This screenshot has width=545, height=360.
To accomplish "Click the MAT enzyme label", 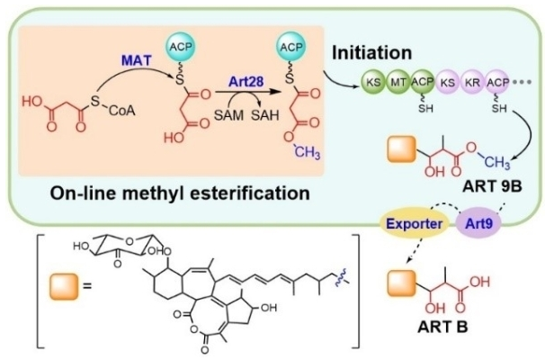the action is [137, 60].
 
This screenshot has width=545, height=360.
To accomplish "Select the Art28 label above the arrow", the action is [246, 82].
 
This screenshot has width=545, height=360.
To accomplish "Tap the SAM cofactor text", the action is [228, 115].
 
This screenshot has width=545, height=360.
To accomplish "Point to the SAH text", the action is [265, 115].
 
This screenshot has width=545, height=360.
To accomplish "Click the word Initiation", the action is [372, 53].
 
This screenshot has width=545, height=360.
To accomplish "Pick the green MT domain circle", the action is [398, 83].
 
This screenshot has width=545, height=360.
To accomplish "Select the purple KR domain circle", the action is [473, 83].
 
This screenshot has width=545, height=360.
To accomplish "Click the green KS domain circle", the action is [373, 83].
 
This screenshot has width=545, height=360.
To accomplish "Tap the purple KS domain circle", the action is [448, 83].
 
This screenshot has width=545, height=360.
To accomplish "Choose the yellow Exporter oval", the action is [415, 223].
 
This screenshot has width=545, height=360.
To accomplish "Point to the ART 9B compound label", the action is [492, 187].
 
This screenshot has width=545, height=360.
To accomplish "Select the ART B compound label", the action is [442, 327].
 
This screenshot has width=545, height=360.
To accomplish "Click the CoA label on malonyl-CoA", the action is [121, 111].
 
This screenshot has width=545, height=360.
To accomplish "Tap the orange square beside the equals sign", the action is [64, 286].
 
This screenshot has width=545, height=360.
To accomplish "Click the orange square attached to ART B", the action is [402, 283].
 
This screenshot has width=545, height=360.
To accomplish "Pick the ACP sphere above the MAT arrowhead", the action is [181, 47].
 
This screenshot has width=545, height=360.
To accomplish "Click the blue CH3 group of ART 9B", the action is [497, 163].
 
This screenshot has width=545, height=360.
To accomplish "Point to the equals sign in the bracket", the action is [87, 286].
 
